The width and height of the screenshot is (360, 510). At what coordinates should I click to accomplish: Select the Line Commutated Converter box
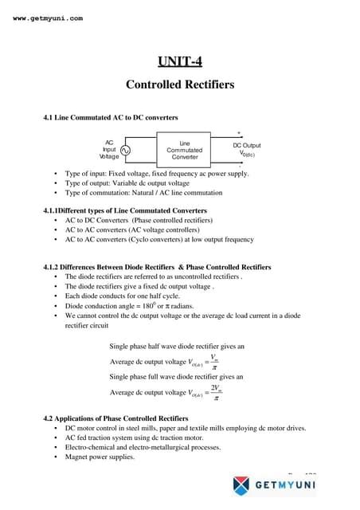(x=184, y=150)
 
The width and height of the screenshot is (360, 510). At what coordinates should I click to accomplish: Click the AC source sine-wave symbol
(x=126, y=150)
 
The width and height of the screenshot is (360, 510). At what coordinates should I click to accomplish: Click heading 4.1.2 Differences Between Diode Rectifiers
(x=157, y=267)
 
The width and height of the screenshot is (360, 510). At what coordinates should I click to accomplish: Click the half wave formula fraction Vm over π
(x=214, y=363)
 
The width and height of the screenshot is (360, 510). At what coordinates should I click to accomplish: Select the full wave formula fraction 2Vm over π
(x=215, y=394)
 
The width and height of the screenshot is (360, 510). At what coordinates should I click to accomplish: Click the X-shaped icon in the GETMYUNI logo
(x=242, y=484)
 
